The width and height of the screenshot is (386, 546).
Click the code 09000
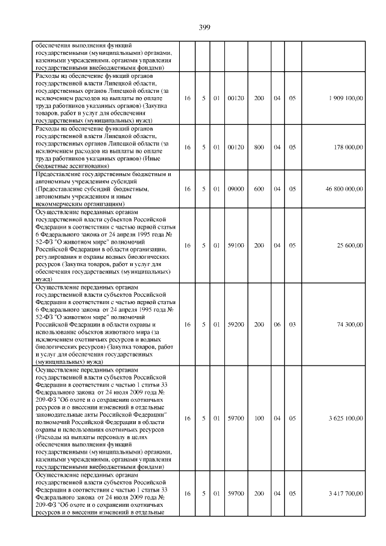pyautogui.click(x=236, y=189)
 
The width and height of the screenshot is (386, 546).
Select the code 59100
pyautogui.click(x=236, y=246)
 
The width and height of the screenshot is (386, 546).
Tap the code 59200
pyautogui.click(x=236, y=325)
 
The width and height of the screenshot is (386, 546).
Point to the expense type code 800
pyautogui.click(x=259, y=147)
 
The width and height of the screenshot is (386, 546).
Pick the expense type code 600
pyautogui.click(x=259, y=189)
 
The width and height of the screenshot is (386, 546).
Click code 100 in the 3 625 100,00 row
pyautogui.click(x=259, y=417)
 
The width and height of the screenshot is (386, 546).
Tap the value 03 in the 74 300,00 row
pyautogui.click(x=293, y=325)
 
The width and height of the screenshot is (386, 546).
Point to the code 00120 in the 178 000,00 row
pyautogui.click(x=236, y=147)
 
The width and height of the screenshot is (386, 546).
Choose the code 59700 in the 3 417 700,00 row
pyautogui.click(x=236, y=494)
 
